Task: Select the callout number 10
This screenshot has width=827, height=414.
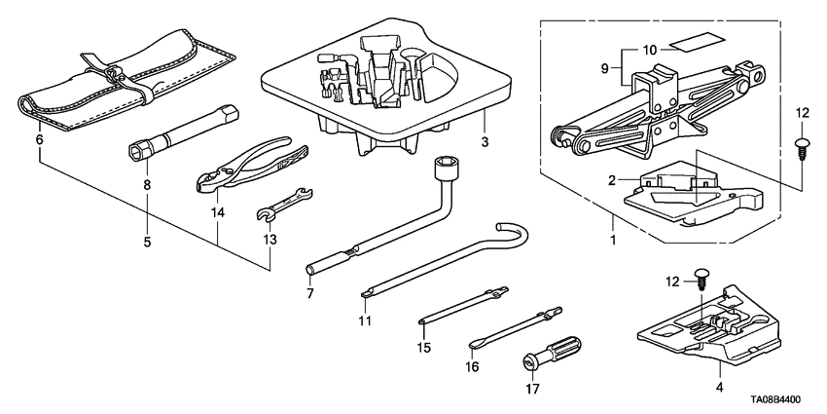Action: pos(648,46)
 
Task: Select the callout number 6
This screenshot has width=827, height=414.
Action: pos(40,140)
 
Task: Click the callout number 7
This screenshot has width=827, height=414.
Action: pos(310,292)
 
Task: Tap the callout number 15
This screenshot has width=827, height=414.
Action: pos(423,347)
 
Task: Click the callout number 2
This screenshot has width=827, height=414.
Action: pos(612,180)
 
